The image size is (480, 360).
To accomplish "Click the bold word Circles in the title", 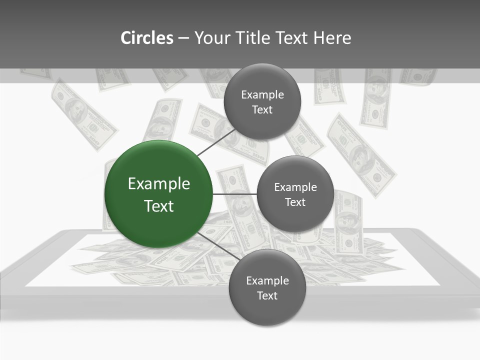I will click(146, 38).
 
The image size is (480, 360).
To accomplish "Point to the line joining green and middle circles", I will click(235, 194).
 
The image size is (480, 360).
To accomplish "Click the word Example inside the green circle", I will click(159, 184).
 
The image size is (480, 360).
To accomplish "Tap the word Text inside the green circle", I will click(159, 206).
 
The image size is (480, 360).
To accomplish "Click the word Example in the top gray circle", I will click(262, 95).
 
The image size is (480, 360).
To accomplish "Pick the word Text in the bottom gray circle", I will click(267, 296).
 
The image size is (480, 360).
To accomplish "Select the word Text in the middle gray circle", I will click(295, 202).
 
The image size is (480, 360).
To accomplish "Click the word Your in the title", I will click(211, 38).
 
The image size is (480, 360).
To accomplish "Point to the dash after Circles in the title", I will click(183, 38).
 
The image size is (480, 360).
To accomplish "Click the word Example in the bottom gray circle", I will click(267, 281).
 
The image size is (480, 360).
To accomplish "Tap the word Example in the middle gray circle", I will click(295, 187).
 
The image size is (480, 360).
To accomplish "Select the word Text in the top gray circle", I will click(262, 110).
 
